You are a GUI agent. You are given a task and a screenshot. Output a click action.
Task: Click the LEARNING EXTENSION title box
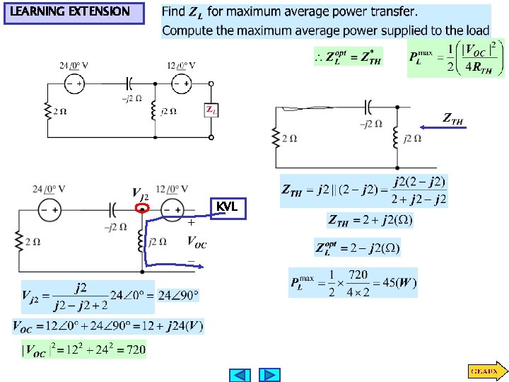pyautogui.click(x=74, y=12)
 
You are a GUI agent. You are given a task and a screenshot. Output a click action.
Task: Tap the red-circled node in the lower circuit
pyautogui.click(x=143, y=209)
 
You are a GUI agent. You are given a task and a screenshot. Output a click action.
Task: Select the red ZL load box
pyautogui.click(x=211, y=110)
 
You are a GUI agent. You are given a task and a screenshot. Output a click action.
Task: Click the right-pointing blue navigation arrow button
pyautogui.click(x=269, y=375)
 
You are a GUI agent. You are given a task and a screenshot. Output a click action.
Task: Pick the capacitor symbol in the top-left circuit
pyautogui.click(x=129, y=83)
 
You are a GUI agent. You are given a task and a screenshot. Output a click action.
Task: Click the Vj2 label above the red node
pyautogui.click(x=140, y=192)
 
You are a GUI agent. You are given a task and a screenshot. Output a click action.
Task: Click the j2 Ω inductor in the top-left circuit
pyautogui.click(x=153, y=111)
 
